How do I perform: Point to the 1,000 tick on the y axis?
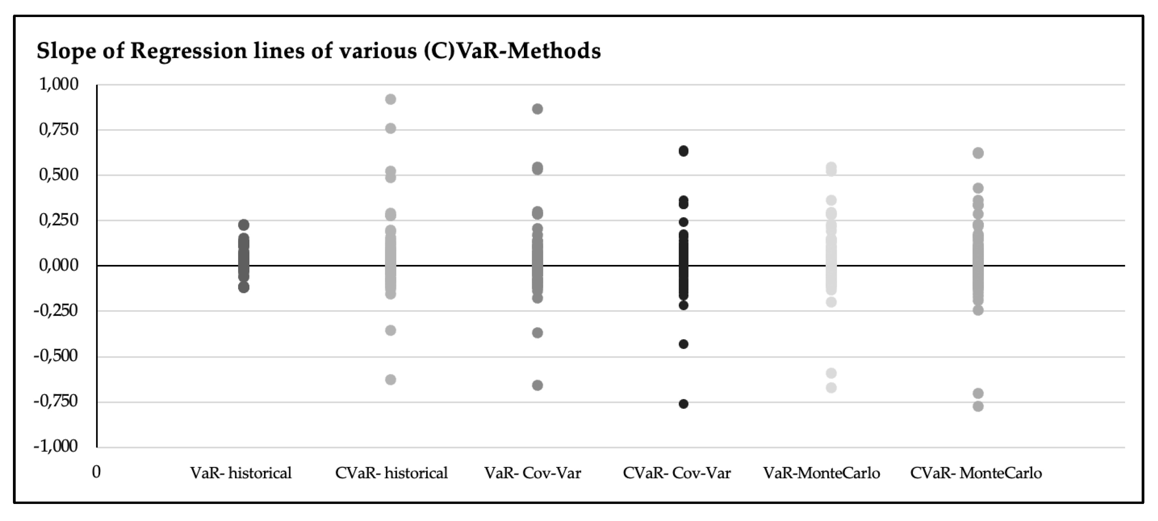click(x=59, y=84)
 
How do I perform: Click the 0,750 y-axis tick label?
click(x=59, y=130)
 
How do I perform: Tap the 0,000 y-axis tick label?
click(x=59, y=266)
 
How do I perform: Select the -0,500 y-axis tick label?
click(x=56, y=356)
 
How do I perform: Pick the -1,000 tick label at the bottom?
click(x=56, y=446)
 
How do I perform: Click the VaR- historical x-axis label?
click(x=241, y=473)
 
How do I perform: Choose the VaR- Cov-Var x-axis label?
click(x=533, y=473)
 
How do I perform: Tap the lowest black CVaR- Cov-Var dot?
click(x=683, y=404)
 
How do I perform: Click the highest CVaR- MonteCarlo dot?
click(x=978, y=153)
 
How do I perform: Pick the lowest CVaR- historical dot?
click(x=391, y=380)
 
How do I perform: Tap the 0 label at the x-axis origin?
click(x=96, y=472)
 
